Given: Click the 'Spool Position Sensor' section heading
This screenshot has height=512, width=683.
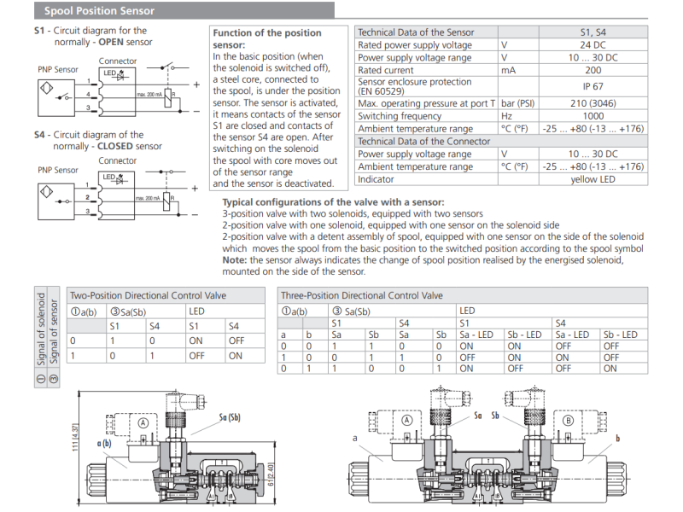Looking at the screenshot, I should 100,11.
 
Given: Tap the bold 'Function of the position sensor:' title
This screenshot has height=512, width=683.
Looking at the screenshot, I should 266,38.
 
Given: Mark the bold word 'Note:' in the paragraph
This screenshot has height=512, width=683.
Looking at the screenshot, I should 235,259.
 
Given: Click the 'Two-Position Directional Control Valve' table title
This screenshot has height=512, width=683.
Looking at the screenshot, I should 148,295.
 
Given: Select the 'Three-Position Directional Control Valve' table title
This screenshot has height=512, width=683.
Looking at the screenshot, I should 363,295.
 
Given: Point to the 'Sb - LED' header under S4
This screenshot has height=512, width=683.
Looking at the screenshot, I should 620,335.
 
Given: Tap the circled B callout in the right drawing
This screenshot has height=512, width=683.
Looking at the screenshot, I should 569,421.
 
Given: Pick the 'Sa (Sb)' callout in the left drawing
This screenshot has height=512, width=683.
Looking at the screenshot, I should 229,417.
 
